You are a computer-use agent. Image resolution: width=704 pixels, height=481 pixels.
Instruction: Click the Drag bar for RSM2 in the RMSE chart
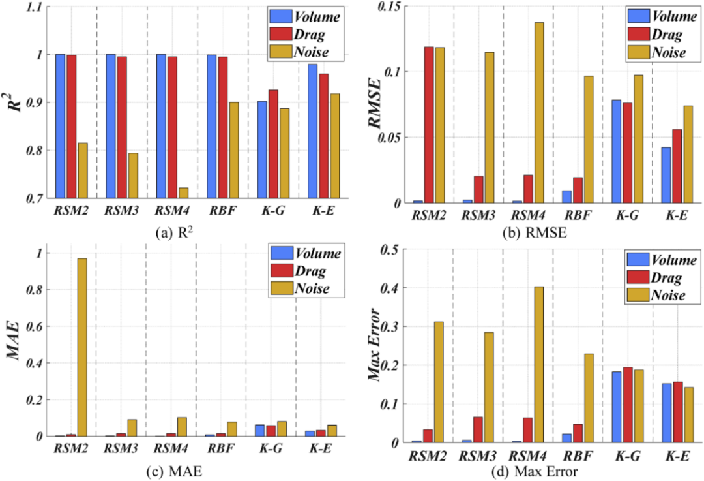pyautogui.click(x=428, y=125)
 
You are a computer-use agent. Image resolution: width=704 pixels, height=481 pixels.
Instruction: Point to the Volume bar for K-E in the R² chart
pyautogui.click(x=314, y=131)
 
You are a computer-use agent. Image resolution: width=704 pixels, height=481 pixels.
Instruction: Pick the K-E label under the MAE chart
pyautogui.click(x=320, y=450)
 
